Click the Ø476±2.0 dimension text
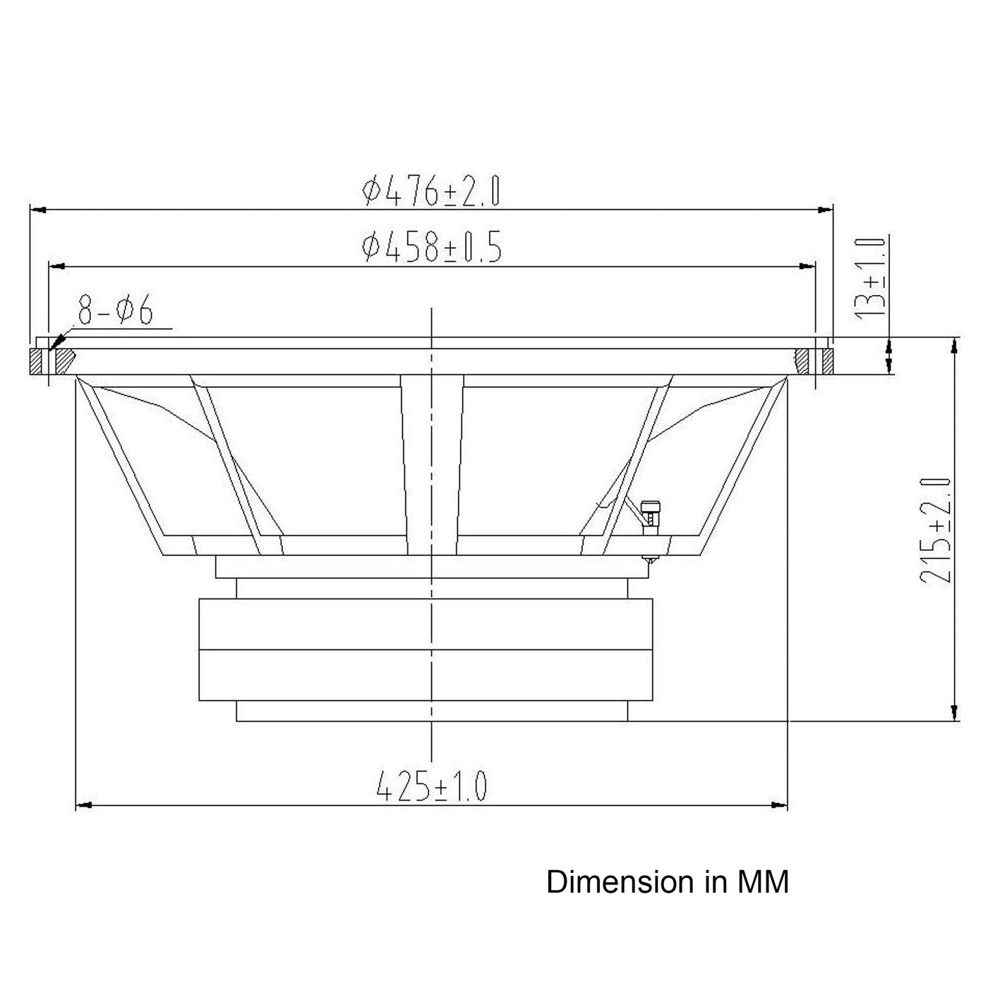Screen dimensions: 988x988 click(430, 191)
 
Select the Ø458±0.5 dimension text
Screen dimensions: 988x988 click(432, 246)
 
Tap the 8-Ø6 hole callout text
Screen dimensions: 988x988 click(115, 309)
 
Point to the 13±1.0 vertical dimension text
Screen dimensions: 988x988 click(870, 277)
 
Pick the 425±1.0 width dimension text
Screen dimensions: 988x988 click(430, 786)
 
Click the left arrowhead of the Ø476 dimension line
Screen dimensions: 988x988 click(38, 210)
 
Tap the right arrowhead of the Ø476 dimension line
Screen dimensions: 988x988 click(825, 210)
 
